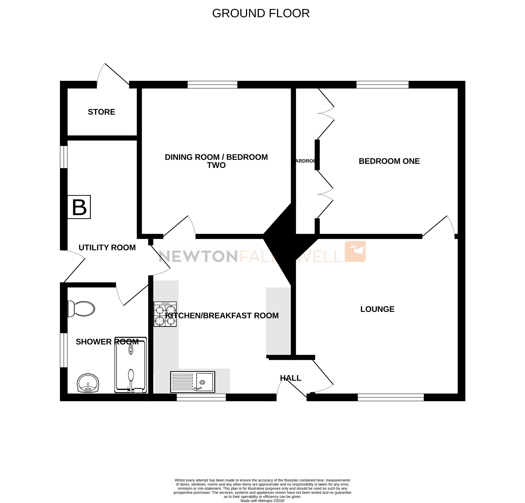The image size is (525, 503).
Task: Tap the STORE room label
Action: point(102,112)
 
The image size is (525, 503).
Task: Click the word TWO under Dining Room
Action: point(216,165)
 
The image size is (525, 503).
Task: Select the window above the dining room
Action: point(212,85)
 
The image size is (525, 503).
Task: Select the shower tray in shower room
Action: point(131,365)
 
